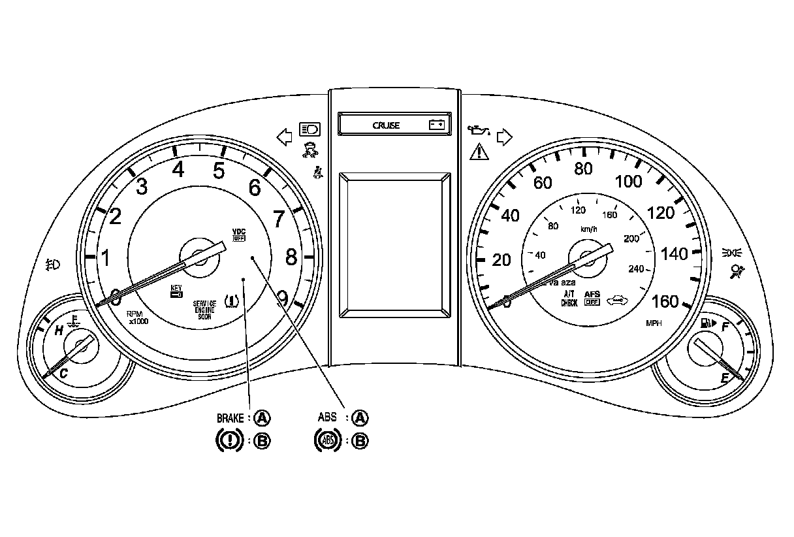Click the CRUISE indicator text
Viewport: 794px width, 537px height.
pos(386,125)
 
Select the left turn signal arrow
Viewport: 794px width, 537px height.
pos(283,137)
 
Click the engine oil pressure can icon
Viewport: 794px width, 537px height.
pos(477,131)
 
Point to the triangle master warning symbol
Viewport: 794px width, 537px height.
pos(479,154)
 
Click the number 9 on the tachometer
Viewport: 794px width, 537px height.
pos(282,299)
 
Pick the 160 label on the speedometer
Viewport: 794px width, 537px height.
pos(665,301)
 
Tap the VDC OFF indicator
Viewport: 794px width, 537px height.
pos(238,235)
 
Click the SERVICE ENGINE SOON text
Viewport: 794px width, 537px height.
pos(204,309)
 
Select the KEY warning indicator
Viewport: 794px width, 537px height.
pos(176,291)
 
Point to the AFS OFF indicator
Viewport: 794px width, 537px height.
pos(592,298)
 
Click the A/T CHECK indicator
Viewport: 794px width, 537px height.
pos(569,299)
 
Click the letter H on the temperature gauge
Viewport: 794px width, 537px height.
pos(59,331)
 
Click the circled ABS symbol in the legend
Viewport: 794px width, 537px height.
pos(326,441)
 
